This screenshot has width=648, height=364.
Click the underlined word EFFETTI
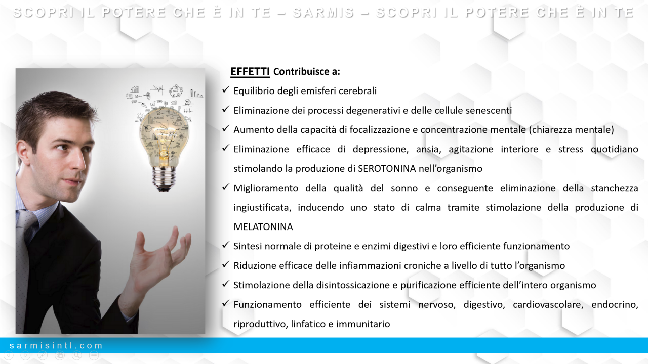tap(250, 71)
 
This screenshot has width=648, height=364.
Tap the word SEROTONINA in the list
tap(387, 168)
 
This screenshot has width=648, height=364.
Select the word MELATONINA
tap(263, 227)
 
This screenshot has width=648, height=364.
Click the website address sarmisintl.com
tap(56, 345)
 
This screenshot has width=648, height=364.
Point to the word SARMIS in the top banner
tap(323, 13)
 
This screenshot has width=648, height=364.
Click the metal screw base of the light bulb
tap(164, 179)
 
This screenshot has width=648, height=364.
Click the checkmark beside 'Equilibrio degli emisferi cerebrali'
tap(226, 90)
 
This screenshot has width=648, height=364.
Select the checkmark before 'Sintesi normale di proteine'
tap(226, 245)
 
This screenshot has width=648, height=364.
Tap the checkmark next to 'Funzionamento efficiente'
tap(226, 303)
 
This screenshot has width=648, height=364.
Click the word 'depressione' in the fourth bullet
tap(380, 149)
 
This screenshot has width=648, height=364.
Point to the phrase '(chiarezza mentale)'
tap(572, 130)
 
